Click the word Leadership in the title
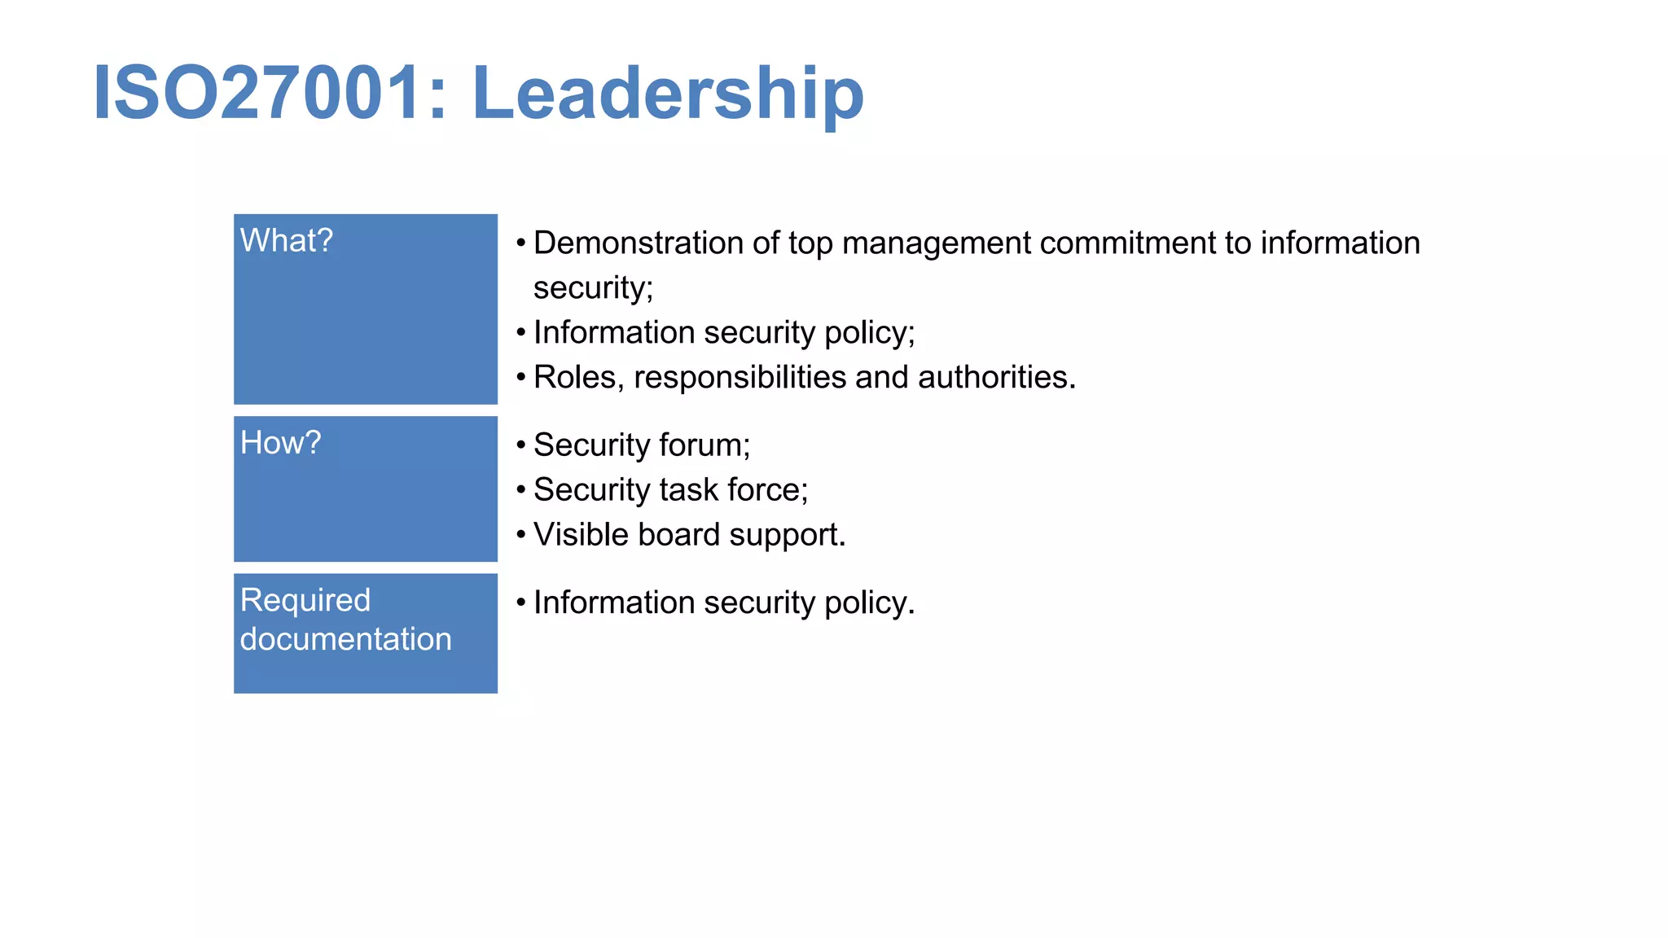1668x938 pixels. pos(667,94)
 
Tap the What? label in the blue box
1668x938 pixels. pos(287,241)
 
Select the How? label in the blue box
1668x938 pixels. pos(280,443)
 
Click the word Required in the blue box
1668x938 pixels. pos(305,600)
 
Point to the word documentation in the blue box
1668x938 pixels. pos(345,639)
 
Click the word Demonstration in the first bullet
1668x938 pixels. pos(638,243)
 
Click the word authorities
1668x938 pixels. pos(996,378)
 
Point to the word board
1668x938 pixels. pos(678,535)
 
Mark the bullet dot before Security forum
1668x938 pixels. pos(521,445)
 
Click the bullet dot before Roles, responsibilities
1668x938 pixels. pos(521,378)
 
